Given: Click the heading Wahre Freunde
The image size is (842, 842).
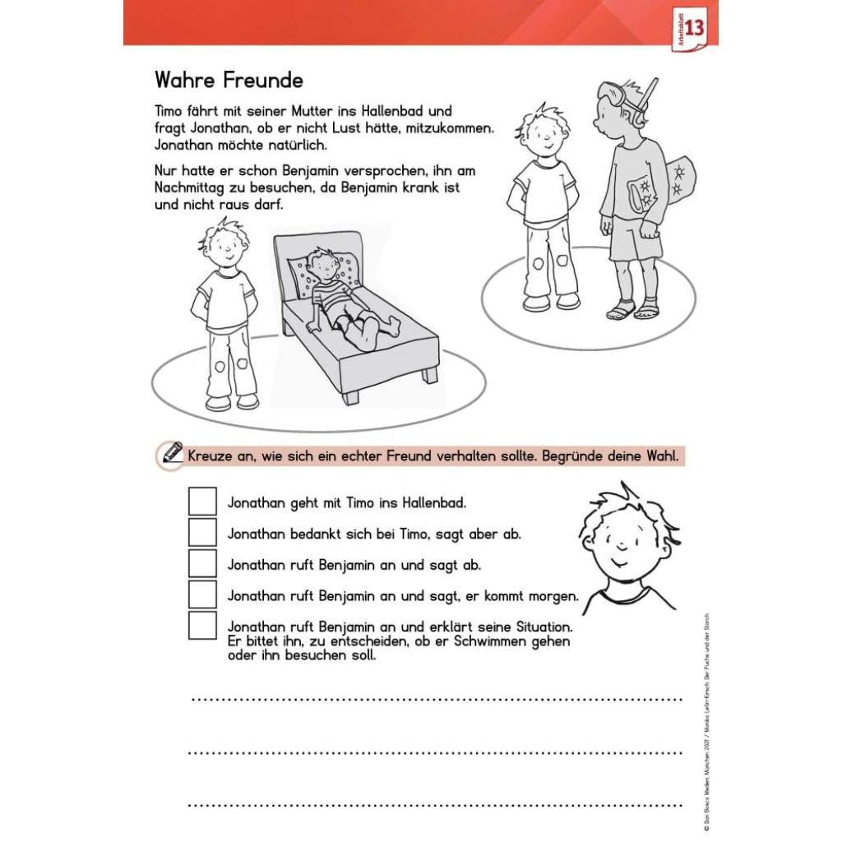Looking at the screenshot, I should coord(229,81).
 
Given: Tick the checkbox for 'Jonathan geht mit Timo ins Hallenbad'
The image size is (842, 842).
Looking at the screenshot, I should coord(202,502).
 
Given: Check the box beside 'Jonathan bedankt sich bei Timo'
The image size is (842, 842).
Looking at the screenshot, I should coord(202,533).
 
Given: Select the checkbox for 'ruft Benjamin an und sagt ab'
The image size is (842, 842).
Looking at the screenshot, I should coord(202,564).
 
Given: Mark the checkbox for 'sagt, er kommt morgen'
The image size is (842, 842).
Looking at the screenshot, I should coord(202,594).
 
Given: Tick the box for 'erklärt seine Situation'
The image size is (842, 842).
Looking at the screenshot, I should coord(202,626).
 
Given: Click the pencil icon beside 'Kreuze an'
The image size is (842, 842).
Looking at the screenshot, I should coord(172,453).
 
